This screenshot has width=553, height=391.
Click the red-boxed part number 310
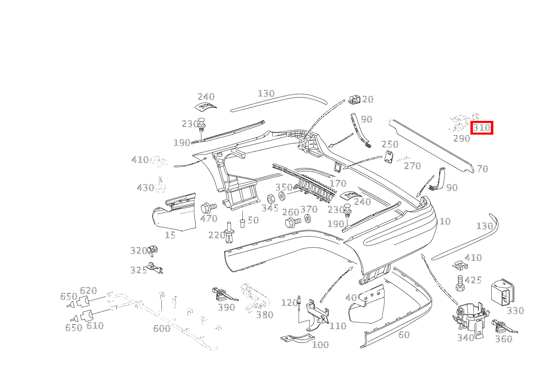(x=482, y=128)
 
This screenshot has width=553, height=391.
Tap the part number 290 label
(x=462, y=138)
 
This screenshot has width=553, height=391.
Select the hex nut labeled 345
(x=270, y=199)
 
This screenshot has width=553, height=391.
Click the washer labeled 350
(x=282, y=196)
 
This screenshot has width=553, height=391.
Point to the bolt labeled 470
(x=209, y=208)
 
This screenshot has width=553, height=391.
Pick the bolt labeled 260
(x=293, y=223)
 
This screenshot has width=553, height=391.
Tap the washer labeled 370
(x=308, y=218)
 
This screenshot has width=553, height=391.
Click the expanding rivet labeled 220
(x=230, y=233)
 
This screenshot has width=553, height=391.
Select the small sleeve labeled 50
(x=242, y=223)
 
